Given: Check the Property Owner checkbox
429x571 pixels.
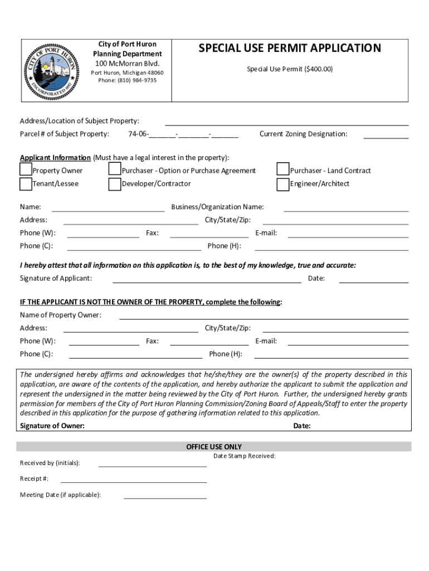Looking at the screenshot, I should pos(26,170).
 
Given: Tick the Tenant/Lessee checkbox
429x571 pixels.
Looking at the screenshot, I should pos(26,183).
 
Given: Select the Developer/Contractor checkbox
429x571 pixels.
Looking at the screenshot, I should pos(115,183).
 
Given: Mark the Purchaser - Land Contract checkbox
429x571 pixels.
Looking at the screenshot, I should pos(283,170).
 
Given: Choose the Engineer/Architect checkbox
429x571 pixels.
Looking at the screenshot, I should pos(283,183).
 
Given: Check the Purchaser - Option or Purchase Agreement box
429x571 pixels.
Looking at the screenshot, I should pos(115,170).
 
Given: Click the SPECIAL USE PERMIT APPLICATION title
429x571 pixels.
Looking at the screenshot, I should pos(290,49).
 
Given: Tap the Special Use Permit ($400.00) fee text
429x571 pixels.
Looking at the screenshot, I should pos(290,69).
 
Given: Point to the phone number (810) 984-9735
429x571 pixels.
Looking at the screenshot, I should pos(128,80).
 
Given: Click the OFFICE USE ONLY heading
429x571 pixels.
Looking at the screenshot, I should pos(214,447).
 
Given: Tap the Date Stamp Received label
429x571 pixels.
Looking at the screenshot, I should pos(245,456).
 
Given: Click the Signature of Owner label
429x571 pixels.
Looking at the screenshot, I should pos(52,426).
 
